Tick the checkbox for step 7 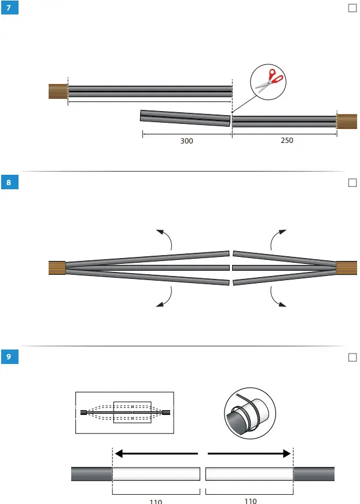click(x=352, y=8)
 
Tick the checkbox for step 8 click(x=352, y=183)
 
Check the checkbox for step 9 click(x=352, y=357)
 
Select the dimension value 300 click(x=187, y=141)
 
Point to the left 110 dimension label click(x=156, y=501)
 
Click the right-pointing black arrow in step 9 click(x=249, y=454)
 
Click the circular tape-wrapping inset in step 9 click(x=248, y=412)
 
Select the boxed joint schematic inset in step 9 click(x=124, y=413)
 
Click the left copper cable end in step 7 click(x=58, y=91)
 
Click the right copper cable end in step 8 click(x=347, y=268)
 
